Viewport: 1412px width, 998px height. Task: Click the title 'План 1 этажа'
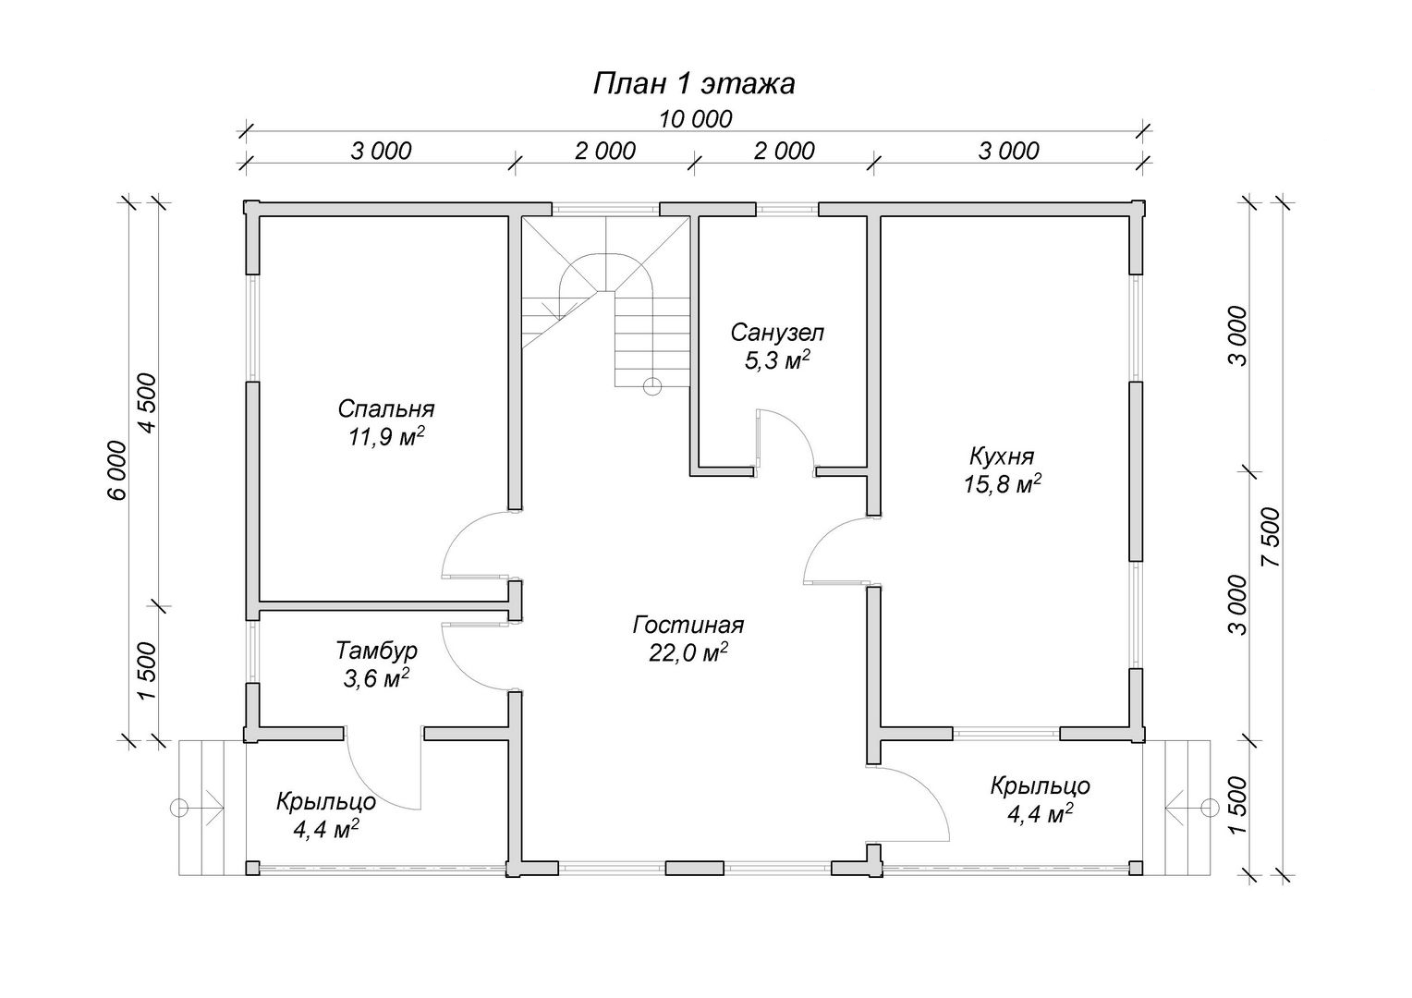click(694, 84)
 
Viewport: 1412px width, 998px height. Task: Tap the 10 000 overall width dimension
click(696, 118)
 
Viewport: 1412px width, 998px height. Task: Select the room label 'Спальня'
click(385, 409)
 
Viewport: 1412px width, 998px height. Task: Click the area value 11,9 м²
click(385, 436)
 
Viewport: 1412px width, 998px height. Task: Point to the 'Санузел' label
click(777, 333)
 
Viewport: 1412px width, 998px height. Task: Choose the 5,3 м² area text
click(777, 360)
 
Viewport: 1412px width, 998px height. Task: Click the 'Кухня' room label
click(1003, 456)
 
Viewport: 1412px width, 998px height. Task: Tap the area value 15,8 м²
click(1003, 483)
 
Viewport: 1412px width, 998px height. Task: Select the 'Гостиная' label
click(688, 625)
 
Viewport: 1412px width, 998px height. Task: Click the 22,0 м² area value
click(688, 653)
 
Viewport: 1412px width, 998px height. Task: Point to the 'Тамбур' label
click(376, 650)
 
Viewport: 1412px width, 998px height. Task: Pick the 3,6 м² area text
click(376, 678)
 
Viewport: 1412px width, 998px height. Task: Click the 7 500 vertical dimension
click(1272, 537)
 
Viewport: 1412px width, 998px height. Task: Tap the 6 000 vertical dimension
click(118, 470)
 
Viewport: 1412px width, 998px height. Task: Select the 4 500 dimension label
click(148, 404)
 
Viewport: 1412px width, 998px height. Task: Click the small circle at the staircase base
click(652, 386)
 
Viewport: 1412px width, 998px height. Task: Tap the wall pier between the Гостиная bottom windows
click(695, 868)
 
